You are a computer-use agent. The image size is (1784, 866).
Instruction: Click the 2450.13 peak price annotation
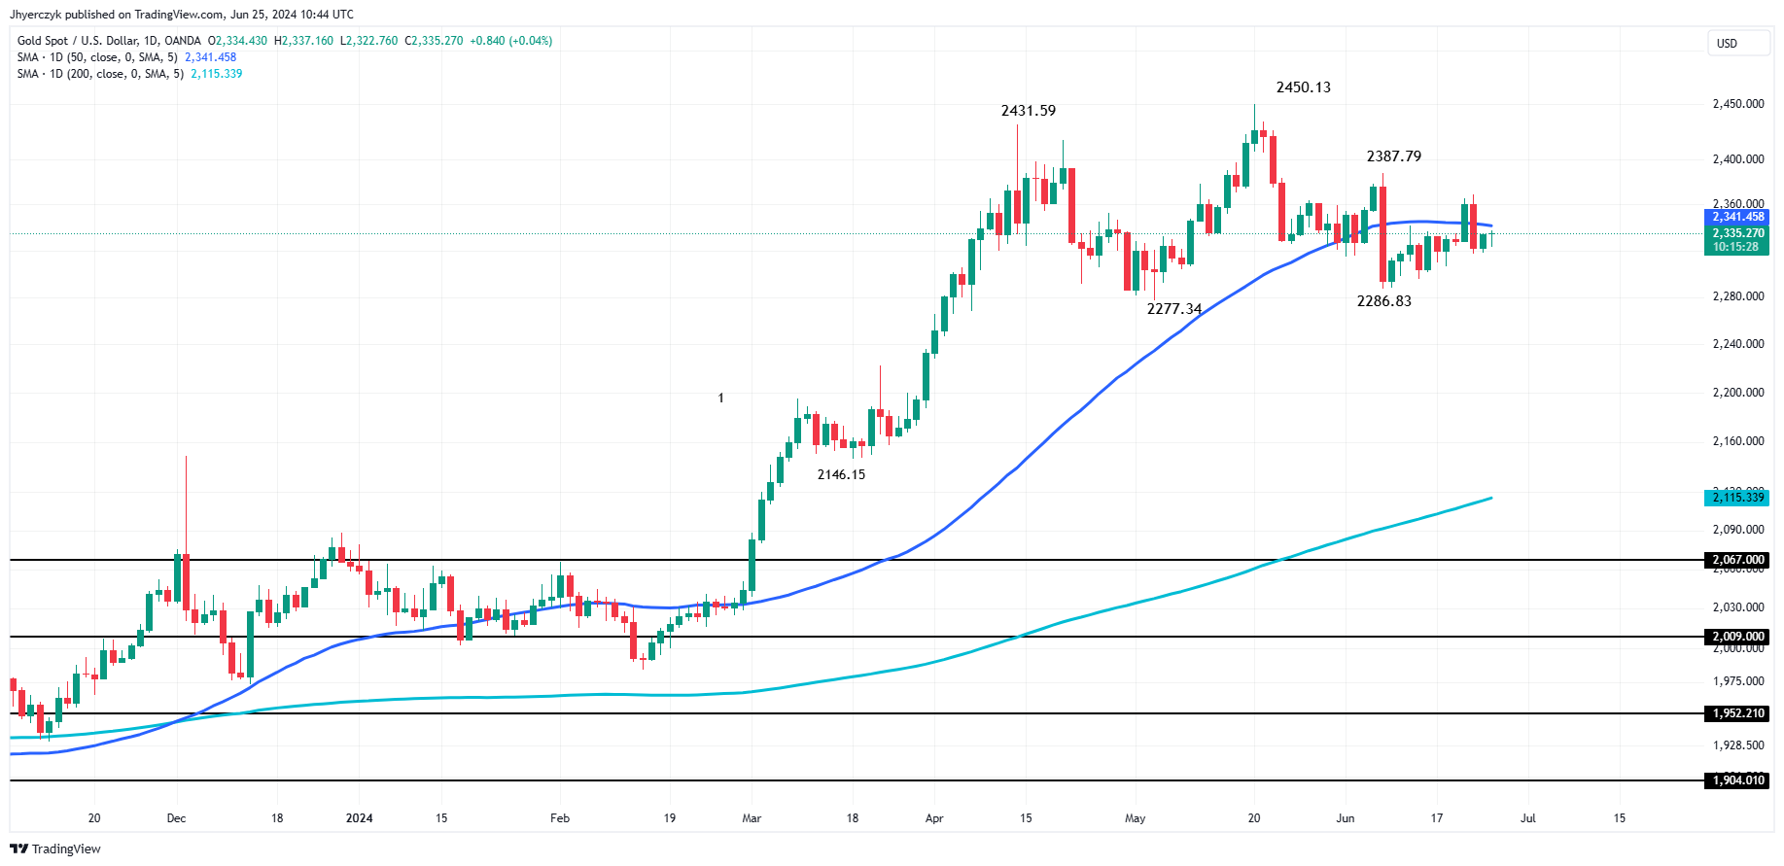click(1303, 87)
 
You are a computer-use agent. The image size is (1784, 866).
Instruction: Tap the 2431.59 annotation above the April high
click(1028, 111)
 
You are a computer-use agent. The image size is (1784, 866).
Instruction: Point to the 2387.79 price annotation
click(1393, 156)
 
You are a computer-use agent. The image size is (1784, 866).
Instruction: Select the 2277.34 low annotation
click(1173, 309)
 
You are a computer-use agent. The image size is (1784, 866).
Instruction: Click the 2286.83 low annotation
click(1383, 301)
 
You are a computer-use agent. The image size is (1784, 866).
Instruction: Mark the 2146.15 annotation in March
click(841, 475)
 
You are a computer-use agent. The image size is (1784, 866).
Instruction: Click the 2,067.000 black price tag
click(1737, 560)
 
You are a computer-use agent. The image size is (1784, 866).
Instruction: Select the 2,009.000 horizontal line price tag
click(1737, 637)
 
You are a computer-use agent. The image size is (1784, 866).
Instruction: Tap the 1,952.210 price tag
click(1737, 713)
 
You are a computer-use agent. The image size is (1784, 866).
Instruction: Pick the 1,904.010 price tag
click(1737, 780)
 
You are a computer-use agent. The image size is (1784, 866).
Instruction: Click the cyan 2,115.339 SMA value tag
click(1737, 498)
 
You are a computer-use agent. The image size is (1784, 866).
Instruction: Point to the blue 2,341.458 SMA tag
click(1737, 217)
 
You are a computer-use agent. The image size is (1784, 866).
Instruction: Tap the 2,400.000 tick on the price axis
click(1737, 159)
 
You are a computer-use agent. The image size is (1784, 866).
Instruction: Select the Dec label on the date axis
click(176, 818)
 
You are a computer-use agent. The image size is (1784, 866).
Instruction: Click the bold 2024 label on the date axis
click(359, 818)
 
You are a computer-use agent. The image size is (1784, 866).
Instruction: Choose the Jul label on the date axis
click(1527, 818)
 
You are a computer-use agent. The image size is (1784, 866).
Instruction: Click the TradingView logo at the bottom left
click(55, 849)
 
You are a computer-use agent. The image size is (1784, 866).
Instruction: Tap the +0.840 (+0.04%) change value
click(510, 41)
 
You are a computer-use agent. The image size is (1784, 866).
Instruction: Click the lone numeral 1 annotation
click(720, 398)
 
